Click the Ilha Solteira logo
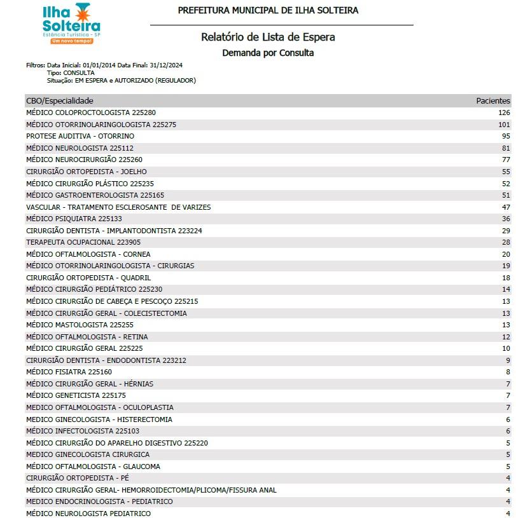pyautogui.click(x=71, y=24)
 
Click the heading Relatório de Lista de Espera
pyautogui.click(x=268, y=37)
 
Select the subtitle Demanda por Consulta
pyautogui.click(x=268, y=53)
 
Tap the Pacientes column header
pyautogui.click(x=493, y=100)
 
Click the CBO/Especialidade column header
pyautogui.click(x=60, y=100)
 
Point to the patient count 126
pyautogui.click(x=504, y=112)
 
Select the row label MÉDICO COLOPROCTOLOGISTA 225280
pyautogui.click(x=91, y=112)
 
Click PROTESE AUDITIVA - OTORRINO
pyautogui.click(x=80, y=136)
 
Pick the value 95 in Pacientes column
pyautogui.click(x=506, y=136)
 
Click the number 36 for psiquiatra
pyautogui.click(x=506, y=219)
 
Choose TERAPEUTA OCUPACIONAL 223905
pyautogui.click(x=83, y=242)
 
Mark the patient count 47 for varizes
pyautogui.click(x=506, y=207)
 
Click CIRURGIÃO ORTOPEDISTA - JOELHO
pyautogui.click(x=87, y=172)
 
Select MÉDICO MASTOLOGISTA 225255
pyautogui.click(x=80, y=325)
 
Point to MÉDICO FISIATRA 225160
pyautogui.click(x=69, y=372)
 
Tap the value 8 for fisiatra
pyautogui.click(x=508, y=372)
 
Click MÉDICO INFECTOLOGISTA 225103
pyautogui.click(x=83, y=431)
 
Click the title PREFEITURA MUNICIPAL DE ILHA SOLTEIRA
pyautogui.click(x=268, y=10)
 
